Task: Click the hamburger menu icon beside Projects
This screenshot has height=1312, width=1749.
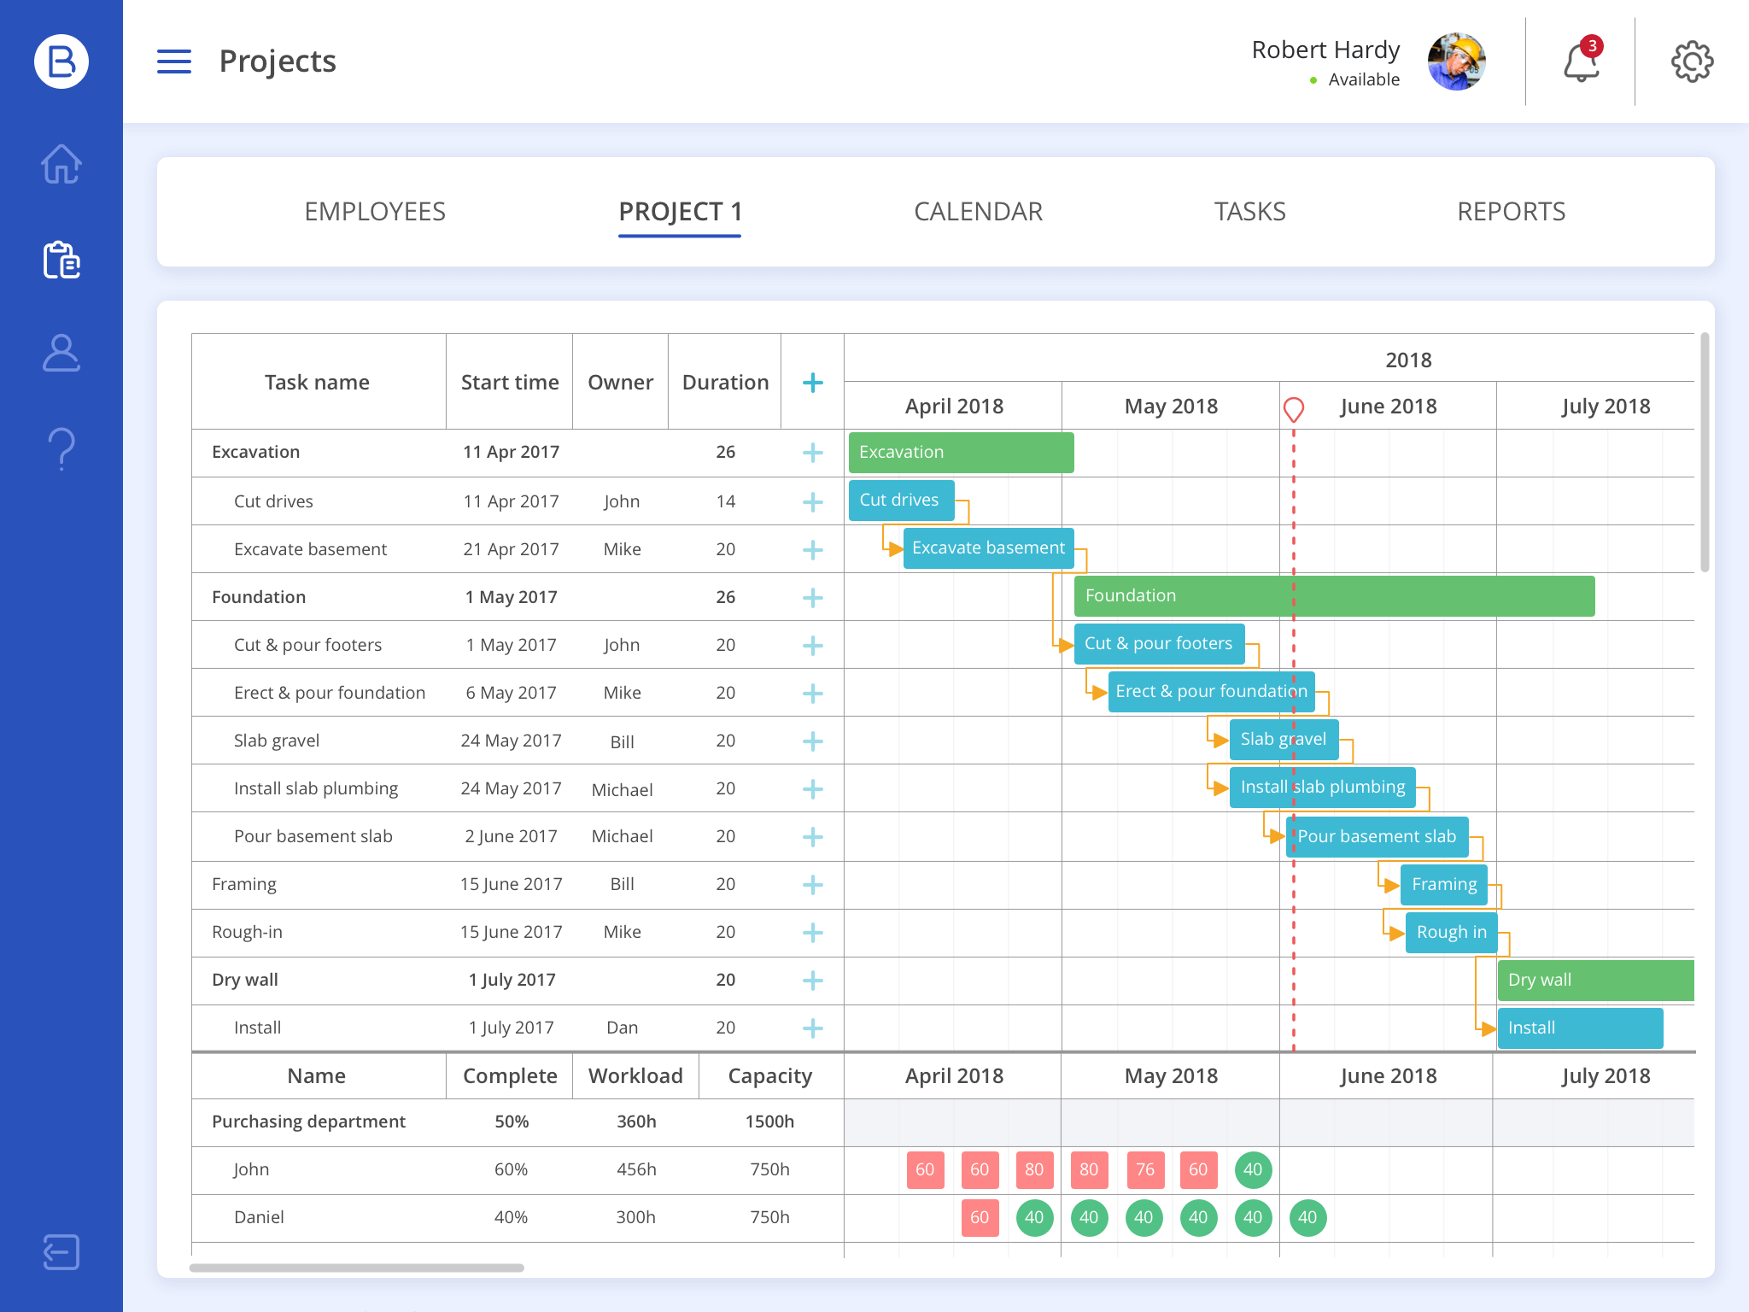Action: pos(174,61)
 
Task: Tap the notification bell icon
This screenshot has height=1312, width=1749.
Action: pos(1581,62)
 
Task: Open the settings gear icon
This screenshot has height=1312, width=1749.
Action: pos(1692,61)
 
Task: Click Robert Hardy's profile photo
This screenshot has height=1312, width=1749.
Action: pos(1457,61)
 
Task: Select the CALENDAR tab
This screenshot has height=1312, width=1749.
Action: pos(978,212)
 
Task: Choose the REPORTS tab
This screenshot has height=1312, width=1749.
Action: pos(1511,212)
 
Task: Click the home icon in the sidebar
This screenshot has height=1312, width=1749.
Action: pos(61,164)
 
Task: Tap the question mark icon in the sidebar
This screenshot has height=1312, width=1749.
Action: pos(61,448)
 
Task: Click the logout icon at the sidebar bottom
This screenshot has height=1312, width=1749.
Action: pos(61,1252)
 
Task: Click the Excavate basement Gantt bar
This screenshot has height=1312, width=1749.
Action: pos(988,548)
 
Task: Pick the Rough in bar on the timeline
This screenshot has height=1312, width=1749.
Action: pos(1451,932)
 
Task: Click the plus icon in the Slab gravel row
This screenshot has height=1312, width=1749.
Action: pos(813,741)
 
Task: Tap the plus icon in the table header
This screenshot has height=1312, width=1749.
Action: pos(813,383)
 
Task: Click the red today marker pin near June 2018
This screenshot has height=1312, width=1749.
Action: pos(1294,410)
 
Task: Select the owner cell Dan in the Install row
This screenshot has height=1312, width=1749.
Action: pos(622,1028)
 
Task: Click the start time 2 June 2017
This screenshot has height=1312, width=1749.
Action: pos(511,836)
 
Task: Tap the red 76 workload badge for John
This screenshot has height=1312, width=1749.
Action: pos(1144,1170)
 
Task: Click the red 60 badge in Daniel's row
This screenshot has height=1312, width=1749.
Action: pos(980,1218)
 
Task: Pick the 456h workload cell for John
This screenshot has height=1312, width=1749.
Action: pos(636,1169)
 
